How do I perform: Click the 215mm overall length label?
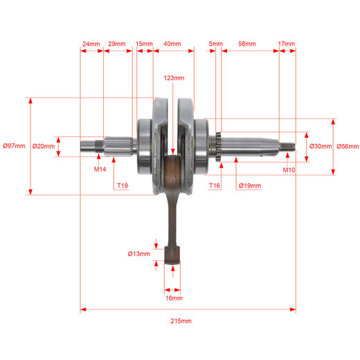click(181, 321)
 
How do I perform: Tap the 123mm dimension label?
click(174, 78)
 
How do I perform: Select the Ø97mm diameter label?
click(14, 146)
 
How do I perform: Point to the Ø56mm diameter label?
click(348, 146)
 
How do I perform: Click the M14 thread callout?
click(100, 169)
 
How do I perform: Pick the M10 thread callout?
click(289, 170)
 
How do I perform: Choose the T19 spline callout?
click(123, 186)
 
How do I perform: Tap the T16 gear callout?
click(215, 186)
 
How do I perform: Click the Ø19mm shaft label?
click(250, 186)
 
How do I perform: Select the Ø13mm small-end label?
click(139, 254)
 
